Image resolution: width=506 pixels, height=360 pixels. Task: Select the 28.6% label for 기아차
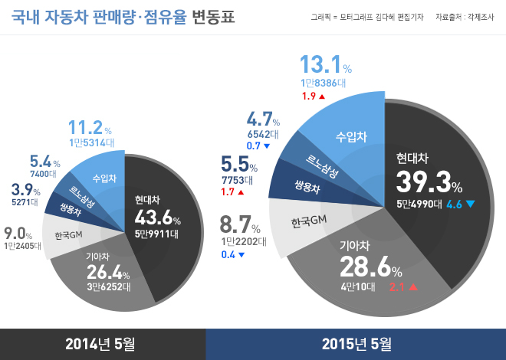[370, 268]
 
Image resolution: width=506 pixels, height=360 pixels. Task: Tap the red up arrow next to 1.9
[322, 97]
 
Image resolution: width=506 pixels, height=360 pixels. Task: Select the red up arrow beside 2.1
[412, 288]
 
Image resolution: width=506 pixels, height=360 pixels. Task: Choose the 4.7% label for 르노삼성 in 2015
[264, 119]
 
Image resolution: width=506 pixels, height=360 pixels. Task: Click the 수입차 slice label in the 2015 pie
[351, 136]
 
